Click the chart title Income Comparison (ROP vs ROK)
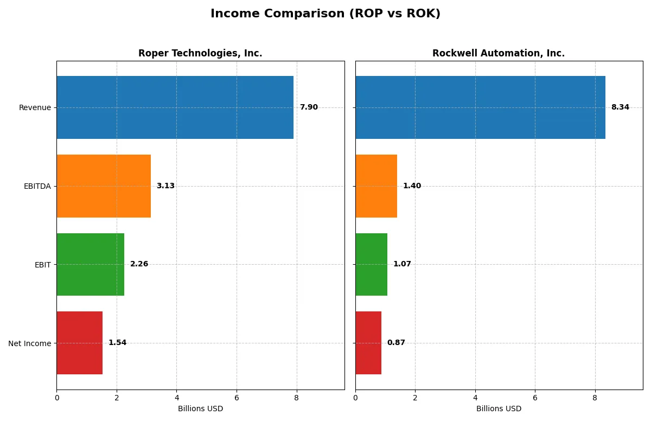point(325,14)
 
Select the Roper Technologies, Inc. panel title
point(200,53)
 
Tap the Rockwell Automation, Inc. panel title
point(498,53)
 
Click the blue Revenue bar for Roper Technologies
point(175,107)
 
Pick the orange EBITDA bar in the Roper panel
point(104,186)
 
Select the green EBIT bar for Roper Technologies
point(90,265)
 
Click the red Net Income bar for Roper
point(79,343)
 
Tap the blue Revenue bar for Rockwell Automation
point(480,107)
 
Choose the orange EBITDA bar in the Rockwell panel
point(376,186)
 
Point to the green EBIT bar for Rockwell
point(371,265)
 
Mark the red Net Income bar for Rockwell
point(368,343)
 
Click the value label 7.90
point(309,107)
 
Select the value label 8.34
point(620,107)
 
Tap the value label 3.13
point(165,186)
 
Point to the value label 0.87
point(396,343)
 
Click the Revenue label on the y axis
point(35,107)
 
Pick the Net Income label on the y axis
point(30,343)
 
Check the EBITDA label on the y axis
point(37,186)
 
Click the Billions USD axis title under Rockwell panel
point(499,409)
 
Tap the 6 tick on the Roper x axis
point(237,398)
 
